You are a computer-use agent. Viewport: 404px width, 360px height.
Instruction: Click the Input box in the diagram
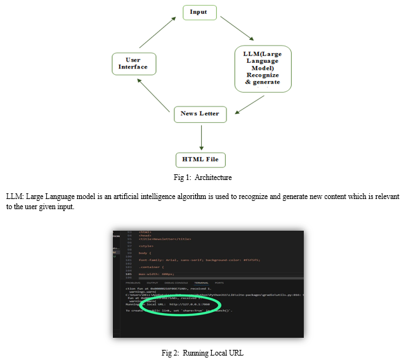(x=199, y=12)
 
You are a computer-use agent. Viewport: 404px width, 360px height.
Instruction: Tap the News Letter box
(x=200, y=114)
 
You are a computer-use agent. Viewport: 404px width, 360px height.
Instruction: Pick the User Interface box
(x=133, y=63)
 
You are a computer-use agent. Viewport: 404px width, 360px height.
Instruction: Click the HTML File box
(x=200, y=159)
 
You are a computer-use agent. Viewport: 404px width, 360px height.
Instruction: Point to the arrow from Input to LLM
(x=242, y=31)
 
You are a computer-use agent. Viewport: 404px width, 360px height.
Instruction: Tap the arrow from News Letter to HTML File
(x=200, y=136)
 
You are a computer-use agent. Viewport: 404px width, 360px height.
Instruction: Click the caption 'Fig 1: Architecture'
(x=202, y=177)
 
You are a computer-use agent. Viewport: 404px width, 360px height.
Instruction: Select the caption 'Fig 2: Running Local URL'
(x=202, y=352)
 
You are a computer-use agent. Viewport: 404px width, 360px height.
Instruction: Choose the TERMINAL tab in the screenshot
(x=201, y=283)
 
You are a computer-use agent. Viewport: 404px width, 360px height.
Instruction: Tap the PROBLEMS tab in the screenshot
(x=133, y=283)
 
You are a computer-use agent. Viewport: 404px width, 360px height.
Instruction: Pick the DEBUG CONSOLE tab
(x=176, y=283)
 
